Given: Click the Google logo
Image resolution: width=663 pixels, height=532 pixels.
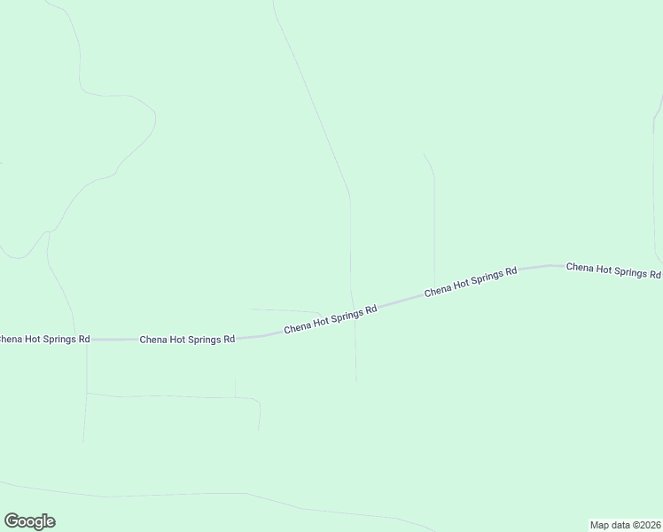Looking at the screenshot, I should click(29, 521).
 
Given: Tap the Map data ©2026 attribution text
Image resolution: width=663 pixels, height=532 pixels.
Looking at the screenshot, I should click(626, 524).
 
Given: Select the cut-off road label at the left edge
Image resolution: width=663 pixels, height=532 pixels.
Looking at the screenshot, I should click(44, 339).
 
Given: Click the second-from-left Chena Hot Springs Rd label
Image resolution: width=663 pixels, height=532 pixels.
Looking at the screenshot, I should click(187, 339).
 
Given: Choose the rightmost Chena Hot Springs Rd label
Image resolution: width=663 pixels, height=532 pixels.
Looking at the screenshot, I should click(613, 270).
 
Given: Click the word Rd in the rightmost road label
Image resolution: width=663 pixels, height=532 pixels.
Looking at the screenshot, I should click(654, 275).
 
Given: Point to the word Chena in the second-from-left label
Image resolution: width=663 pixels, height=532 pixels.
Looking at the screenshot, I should click(153, 339).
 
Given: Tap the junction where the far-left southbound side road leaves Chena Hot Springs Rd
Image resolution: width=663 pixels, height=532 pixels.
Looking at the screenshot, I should click(88, 339).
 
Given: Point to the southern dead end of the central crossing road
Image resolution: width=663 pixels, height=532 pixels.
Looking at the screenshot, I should click(356, 381).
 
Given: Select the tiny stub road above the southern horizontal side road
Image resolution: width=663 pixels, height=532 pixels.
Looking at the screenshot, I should click(235, 388).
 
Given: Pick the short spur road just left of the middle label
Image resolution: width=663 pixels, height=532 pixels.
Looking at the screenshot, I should click(284, 310).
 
